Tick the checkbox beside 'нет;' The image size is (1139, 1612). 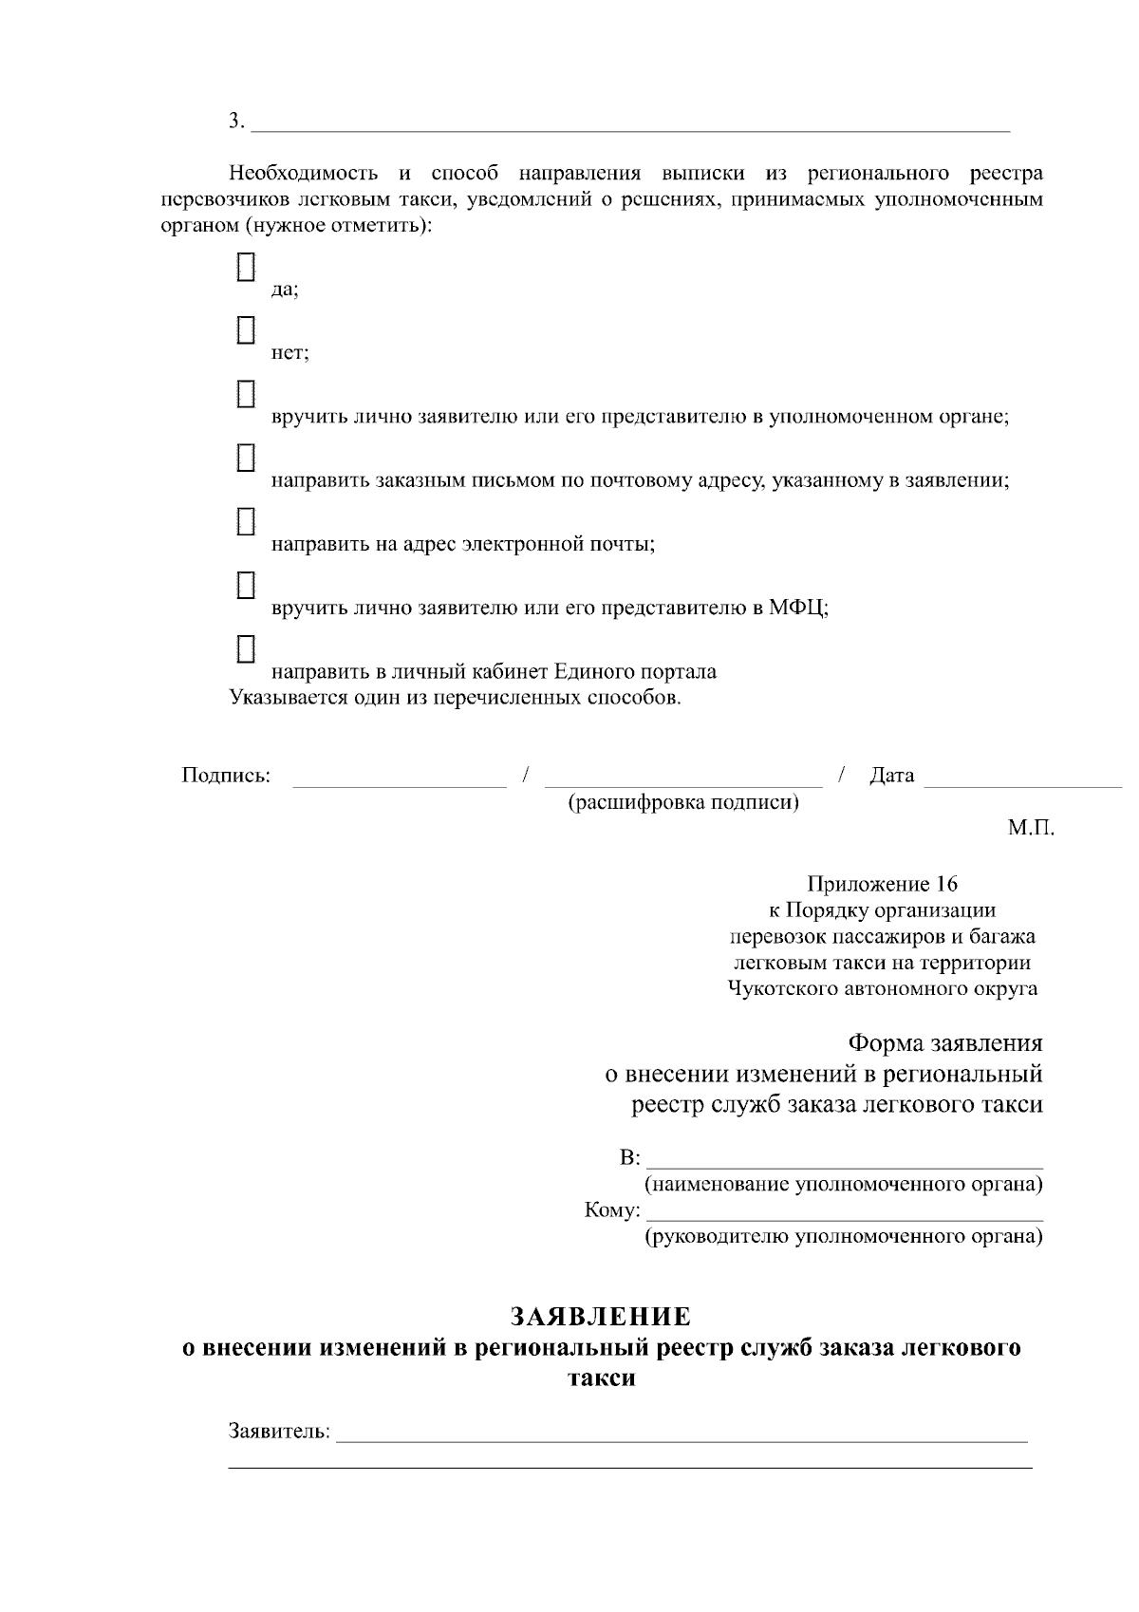point(246,330)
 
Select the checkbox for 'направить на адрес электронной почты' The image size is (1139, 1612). point(246,521)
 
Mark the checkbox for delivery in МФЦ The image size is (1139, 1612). point(246,585)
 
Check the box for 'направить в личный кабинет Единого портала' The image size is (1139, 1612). point(246,648)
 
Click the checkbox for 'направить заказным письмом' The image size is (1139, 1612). point(246,458)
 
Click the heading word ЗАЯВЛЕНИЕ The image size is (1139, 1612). point(601,1317)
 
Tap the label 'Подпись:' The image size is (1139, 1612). point(226,776)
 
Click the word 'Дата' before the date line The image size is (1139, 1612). point(891,776)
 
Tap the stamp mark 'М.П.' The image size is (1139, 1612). point(1031,828)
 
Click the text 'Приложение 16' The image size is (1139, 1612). point(882,885)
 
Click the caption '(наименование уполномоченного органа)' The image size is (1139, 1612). point(844,1185)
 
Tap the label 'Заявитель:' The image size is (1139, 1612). point(280,1431)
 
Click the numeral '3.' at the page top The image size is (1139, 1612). point(236,121)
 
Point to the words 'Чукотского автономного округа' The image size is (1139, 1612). point(882,989)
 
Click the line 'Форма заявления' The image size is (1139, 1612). point(944,1043)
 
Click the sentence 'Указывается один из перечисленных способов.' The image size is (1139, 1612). point(456,699)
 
